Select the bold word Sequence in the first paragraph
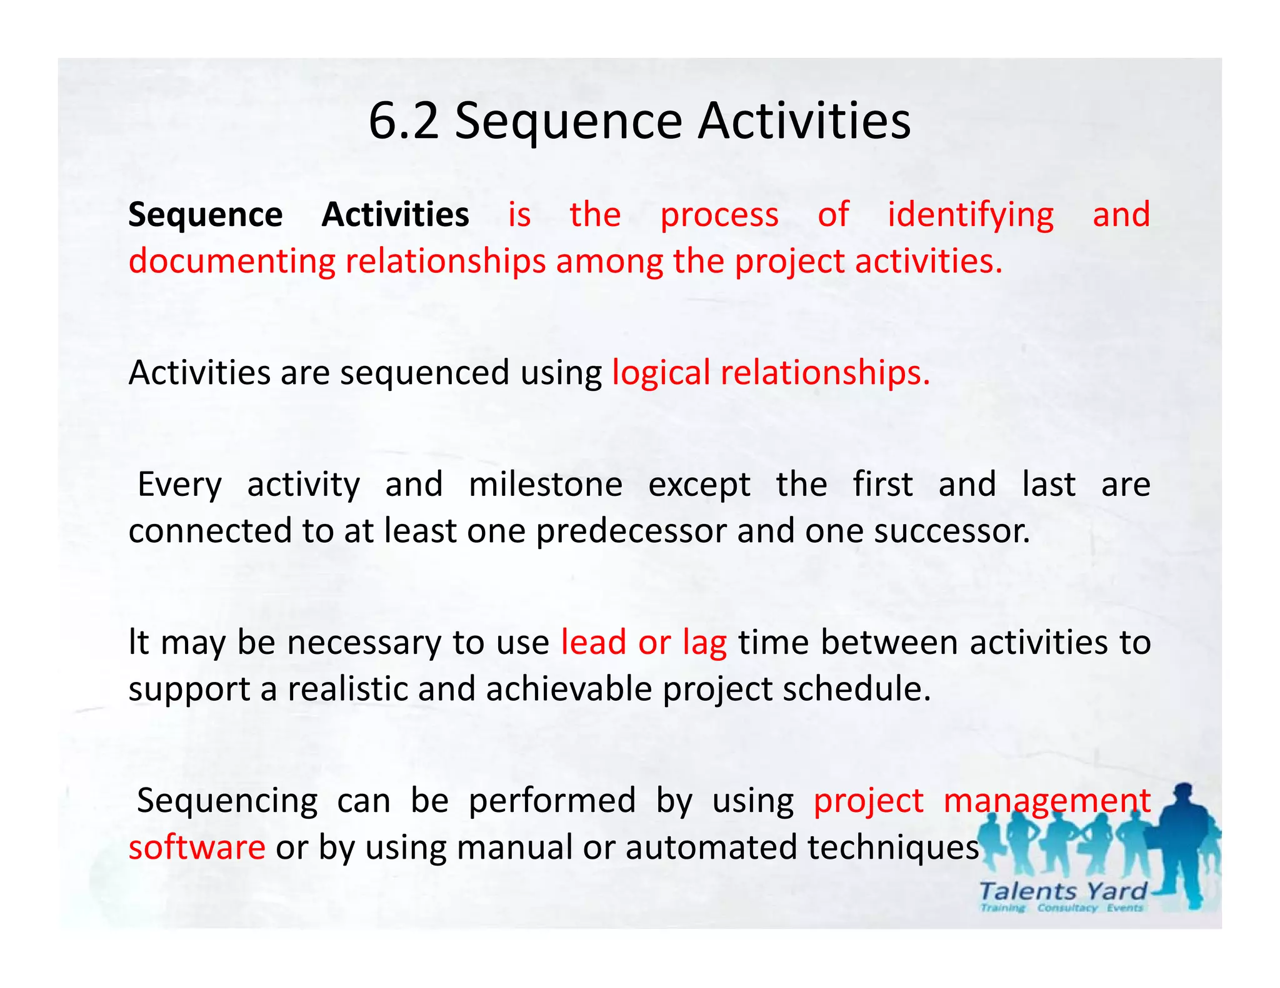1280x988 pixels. click(205, 215)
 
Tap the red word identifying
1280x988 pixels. click(971, 215)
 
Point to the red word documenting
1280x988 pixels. click(232, 261)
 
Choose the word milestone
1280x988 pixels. click(545, 485)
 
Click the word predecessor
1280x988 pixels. click(631, 531)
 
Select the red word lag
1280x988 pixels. click(704, 643)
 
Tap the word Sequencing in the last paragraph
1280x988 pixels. click(227, 801)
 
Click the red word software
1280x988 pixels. click(197, 847)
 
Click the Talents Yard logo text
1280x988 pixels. click(1062, 891)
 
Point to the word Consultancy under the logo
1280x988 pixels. click(1067, 908)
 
